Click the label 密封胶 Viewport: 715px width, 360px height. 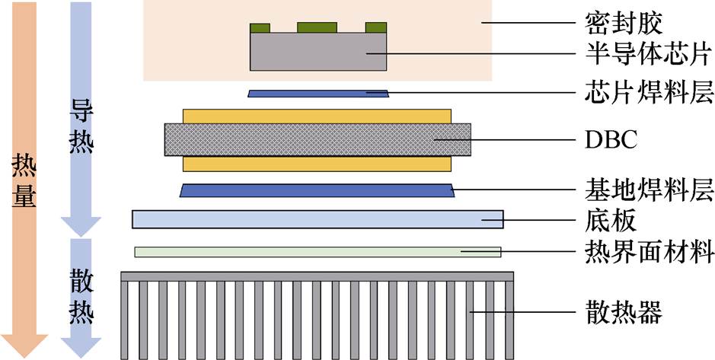tap(624, 24)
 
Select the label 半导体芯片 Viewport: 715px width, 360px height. tap(649, 54)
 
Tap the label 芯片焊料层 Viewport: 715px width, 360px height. tap(649, 92)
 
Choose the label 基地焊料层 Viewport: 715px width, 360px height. tap(649, 190)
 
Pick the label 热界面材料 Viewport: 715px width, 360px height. tap(649, 251)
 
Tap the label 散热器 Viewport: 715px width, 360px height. tap(624, 313)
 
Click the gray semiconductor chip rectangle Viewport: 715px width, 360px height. tap(318, 52)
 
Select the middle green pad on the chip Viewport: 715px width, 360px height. tap(317, 27)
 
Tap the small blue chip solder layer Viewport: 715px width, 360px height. tap(318, 94)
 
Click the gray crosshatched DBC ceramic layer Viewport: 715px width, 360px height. tap(318, 139)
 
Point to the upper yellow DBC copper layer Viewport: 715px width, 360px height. tap(317, 116)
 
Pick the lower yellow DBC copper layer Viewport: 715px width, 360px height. tap(317, 164)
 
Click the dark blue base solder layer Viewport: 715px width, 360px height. tap(317, 190)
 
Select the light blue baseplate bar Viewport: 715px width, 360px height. tap(318, 219)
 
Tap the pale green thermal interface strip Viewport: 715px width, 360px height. tap(318, 252)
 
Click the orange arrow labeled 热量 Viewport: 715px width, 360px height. tap(24, 180)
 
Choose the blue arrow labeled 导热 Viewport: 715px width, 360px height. tap(81, 119)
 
